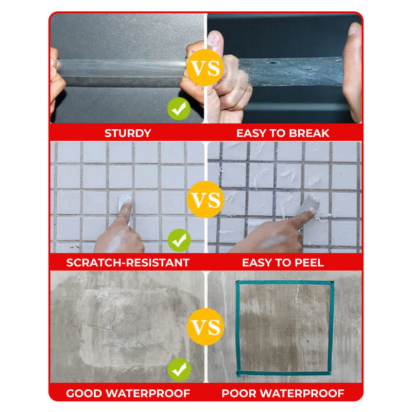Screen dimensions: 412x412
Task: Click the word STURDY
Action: pyautogui.click(x=128, y=133)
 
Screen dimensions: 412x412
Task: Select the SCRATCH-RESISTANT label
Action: pyautogui.click(x=128, y=263)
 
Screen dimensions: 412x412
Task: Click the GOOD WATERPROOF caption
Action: pyautogui.click(x=128, y=393)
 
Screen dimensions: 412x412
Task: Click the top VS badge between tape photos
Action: pyautogui.click(x=205, y=67)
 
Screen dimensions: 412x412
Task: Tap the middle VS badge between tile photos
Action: pyautogui.click(x=205, y=199)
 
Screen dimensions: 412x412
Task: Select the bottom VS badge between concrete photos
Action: pyautogui.click(x=205, y=327)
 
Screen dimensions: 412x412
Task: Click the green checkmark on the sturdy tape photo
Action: pyautogui.click(x=179, y=109)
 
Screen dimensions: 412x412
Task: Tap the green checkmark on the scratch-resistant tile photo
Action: pyautogui.click(x=179, y=240)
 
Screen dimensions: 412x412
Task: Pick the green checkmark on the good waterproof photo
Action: pyautogui.click(x=179, y=369)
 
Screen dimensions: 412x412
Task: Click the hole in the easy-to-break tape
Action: pyautogui.click(x=273, y=63)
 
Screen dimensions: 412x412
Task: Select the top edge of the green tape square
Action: pyautogui.click(x=285, y=282)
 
